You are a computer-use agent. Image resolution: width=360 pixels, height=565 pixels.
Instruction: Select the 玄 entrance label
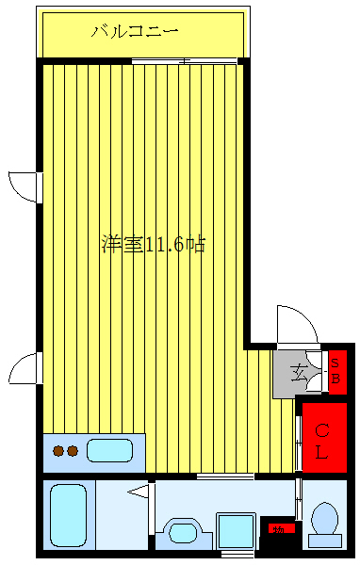pyautogui.click(x=299, y=373)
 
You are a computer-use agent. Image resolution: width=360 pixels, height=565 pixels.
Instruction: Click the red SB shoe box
pyautogui.click(x=335, y=372)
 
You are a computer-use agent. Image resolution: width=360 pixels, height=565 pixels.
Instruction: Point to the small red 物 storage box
pyautogui.click(x=278, y=529)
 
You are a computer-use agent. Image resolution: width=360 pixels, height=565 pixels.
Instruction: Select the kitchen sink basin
pyautogui.click(x=109, y=450)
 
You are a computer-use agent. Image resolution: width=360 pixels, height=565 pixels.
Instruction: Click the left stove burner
pyautogui.click(x=58, y=451)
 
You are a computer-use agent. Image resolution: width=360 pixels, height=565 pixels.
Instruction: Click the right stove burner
pyautogui.click(x=72, y=451)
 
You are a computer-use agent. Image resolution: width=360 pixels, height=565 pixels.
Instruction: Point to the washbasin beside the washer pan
pyautogui.click(x=183, y=533)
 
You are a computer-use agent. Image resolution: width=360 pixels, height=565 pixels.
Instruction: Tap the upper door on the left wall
pyautogui.click(x=25, y=186)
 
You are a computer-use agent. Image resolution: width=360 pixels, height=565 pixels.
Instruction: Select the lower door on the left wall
pyautogui.click(x=25, y=368)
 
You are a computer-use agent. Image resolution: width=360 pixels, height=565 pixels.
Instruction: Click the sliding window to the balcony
pyautogui.click(x=184, y=62)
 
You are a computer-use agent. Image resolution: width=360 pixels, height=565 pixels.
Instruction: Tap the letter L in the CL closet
pyautogui.click(x=322, y=453)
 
